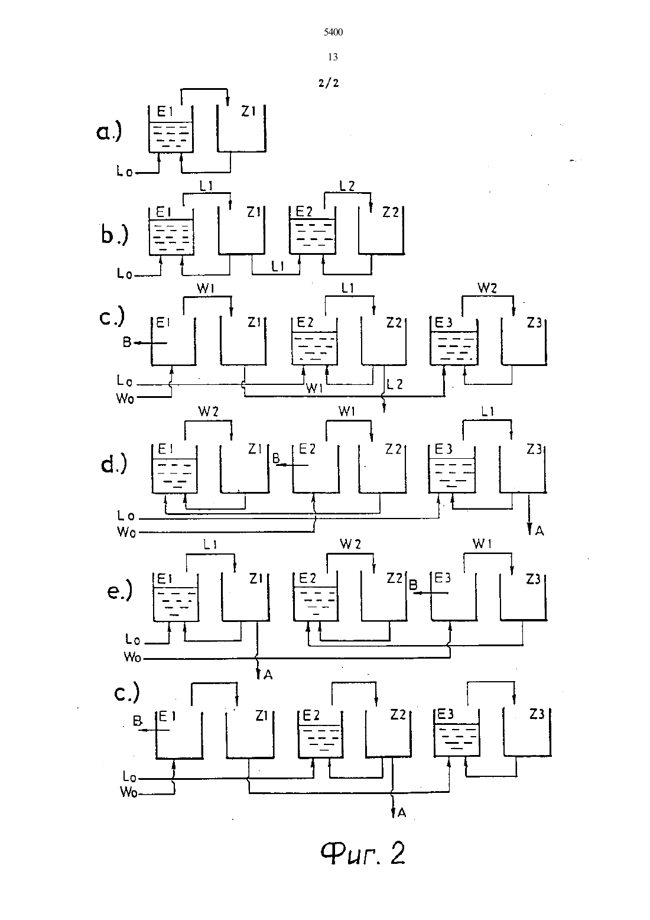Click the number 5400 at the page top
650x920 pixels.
point(333,33)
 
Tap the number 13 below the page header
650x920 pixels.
point(333,57)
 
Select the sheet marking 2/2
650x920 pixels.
point(329,83)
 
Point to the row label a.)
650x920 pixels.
point(109,132)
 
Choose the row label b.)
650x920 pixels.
point(115,234)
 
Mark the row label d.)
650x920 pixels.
point(113,464)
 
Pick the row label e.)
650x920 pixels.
point(119,591)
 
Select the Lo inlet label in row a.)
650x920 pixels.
point(125,171)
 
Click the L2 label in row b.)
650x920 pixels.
point(347,186)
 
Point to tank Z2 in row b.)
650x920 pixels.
point(381,230)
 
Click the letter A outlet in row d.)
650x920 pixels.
point(539,531)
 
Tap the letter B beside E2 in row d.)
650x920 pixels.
point(277,458)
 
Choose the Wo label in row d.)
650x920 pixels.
point(126,532)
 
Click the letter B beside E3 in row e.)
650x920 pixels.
point(413,584)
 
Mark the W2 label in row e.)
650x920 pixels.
point(350,544)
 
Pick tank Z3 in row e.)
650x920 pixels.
point(524,596)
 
